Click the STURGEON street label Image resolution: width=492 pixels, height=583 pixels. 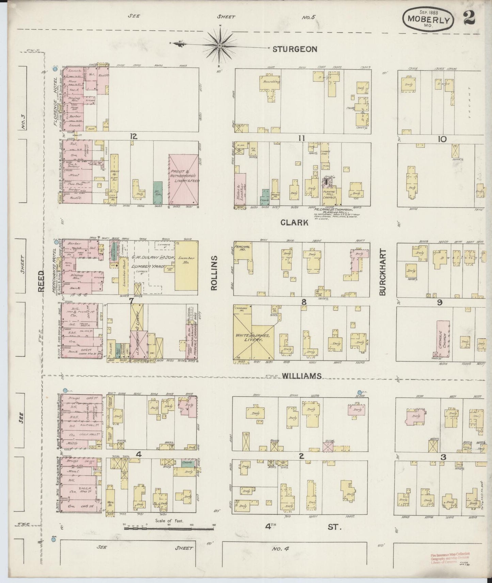(x=295, y=49)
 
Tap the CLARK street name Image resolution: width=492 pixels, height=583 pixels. (x=295, y=222)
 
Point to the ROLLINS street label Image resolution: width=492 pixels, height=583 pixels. (x=214, y=273)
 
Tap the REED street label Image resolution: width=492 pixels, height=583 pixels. (x=41, y=281)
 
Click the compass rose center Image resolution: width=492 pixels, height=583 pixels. (x=220, y=45)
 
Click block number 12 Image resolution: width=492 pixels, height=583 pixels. (x=133, y=136)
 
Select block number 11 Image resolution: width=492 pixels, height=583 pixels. (x=301, y=138)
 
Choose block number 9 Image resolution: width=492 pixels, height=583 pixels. (x=440, y=302)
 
